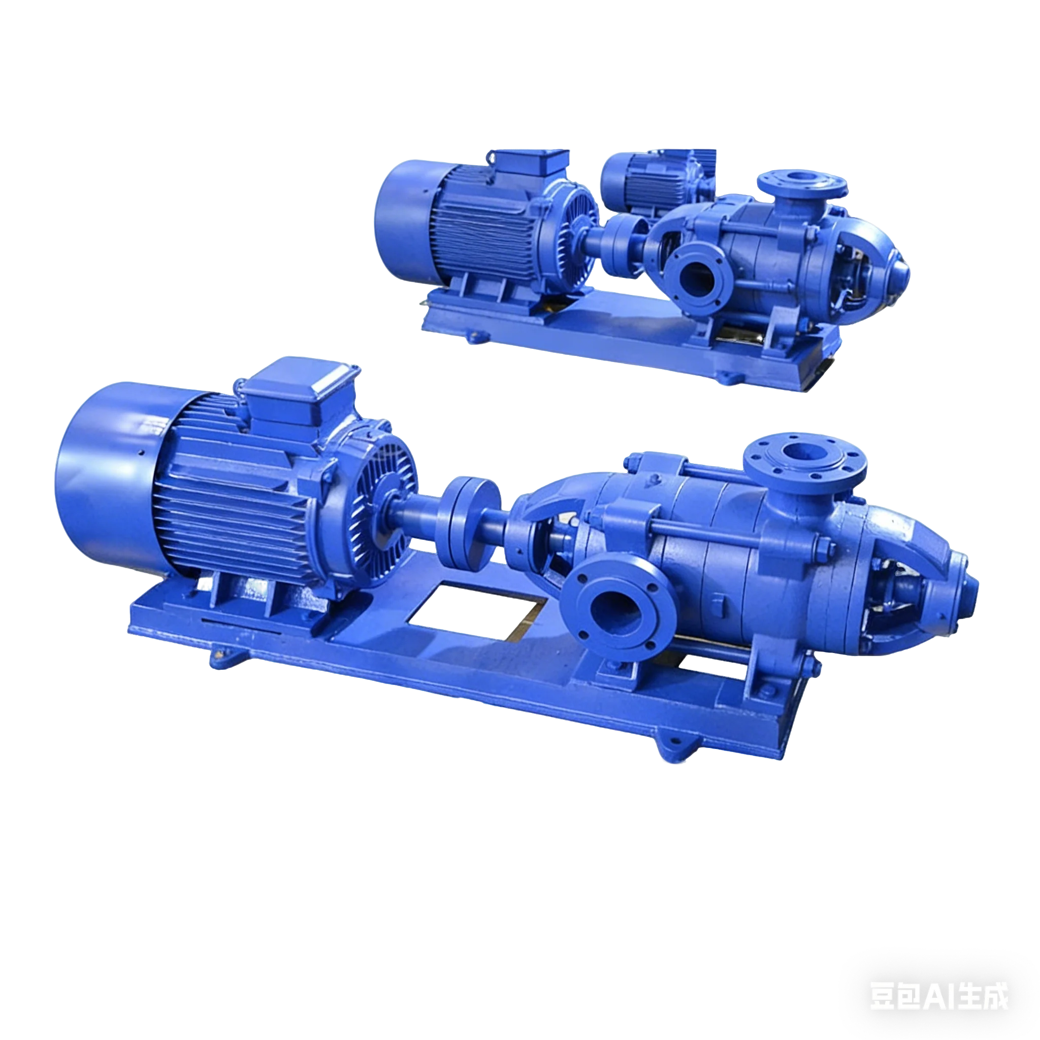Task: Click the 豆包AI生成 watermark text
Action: (939, 996)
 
